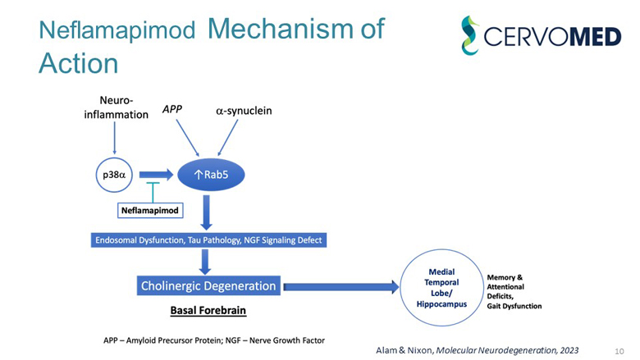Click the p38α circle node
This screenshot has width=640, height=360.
[x=115, y=174]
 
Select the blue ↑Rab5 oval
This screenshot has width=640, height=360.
[x=211, y=174]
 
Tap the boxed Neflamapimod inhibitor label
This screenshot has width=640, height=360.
[x=149, y=210]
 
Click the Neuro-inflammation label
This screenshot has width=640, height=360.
[x=117, y=107]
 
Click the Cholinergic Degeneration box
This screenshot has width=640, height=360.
[x=208, y=286]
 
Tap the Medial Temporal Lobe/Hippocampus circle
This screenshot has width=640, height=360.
[x=441, y=287]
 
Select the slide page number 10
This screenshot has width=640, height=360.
[x=619, y=350]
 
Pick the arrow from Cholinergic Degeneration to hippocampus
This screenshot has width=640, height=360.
[x=341, y=286]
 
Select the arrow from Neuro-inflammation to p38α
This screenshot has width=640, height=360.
[x=115, y=139]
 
